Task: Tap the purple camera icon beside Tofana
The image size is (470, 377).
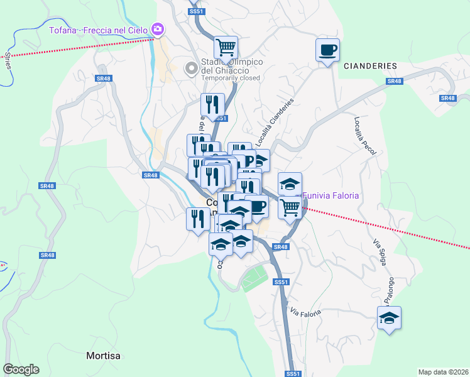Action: point(158,29)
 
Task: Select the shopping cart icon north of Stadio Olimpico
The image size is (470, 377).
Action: point(226,46)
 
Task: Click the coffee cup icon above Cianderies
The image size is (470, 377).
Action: point(327,50)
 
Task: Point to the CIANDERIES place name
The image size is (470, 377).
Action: point(370,66)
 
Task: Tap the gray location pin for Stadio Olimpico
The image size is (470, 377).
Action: point(190,67)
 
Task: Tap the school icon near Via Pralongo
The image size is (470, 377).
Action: point(390,318)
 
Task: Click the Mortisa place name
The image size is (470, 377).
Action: point(103,356)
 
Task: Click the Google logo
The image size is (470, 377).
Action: point(21,369)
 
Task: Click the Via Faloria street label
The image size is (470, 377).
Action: point(306,312)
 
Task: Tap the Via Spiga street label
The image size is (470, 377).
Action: point(378,255)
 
